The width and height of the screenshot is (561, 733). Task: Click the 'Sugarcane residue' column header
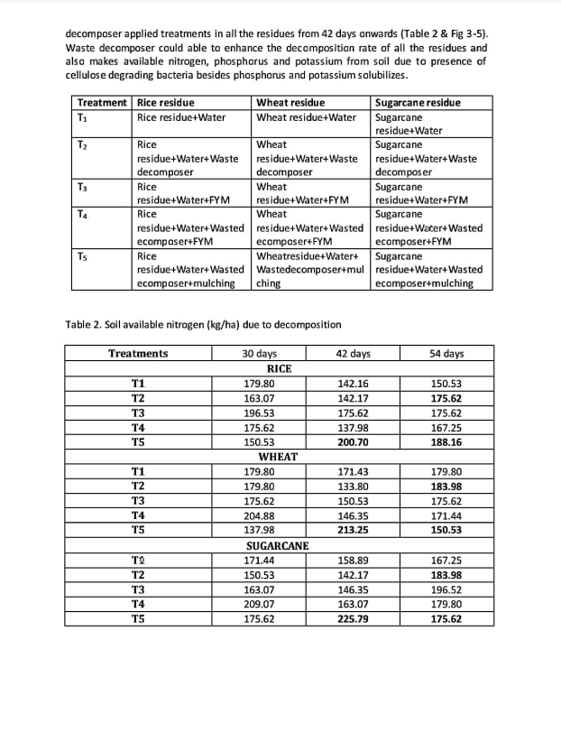pyautogui.click(x=418, y=102)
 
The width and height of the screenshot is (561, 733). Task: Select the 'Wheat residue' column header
pyautogui.click(x=291, y=102)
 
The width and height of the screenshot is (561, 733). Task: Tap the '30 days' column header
pyautogui.click(x=261, y=354)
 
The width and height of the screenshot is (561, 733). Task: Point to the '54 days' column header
pyautogui.click(x=446, y=354)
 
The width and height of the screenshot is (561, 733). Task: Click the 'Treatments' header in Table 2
pyautogui.click(x=138, y=354)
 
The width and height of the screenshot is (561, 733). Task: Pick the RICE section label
pyautogui.click(x=278, y=369)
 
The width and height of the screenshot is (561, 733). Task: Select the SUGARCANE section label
pyautogui.click(x=278, y=546)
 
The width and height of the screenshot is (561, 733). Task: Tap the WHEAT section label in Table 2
pyautogui.click(x=278, y=458)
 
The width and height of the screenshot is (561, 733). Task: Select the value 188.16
pyautogui.click(x=446, y=442)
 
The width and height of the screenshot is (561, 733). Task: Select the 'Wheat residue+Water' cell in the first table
pyautogui.click(x=307, y=116)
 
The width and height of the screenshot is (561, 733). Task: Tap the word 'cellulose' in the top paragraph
pyautogui.click(x=91, y=74)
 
